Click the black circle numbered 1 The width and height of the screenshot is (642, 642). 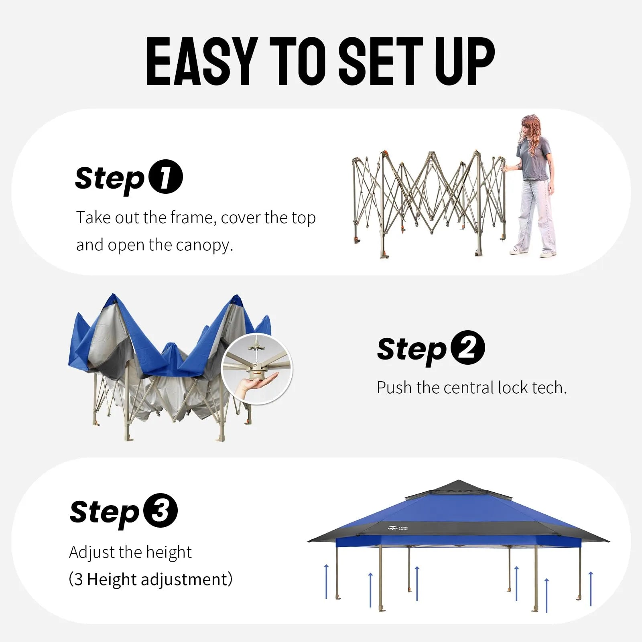click(166, 177)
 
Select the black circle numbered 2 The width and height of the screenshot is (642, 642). click(467, 347)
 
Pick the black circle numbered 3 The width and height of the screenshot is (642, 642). click(160, 510)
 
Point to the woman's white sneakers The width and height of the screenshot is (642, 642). click(533, 252)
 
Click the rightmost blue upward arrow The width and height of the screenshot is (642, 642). click(591, 589)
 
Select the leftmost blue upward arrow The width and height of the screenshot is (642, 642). click(326, 582)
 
